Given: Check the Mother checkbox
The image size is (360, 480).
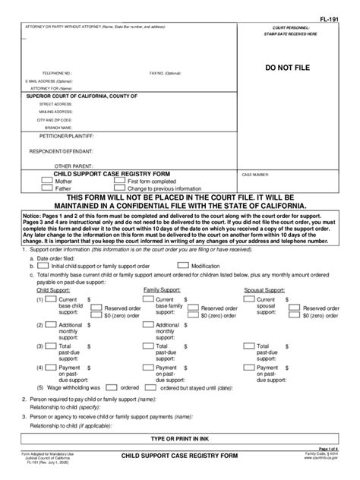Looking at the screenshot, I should coord(48,182).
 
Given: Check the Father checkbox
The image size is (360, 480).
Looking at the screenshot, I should coord(48,188).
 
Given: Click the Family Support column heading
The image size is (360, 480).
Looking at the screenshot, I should coord(160,289).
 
